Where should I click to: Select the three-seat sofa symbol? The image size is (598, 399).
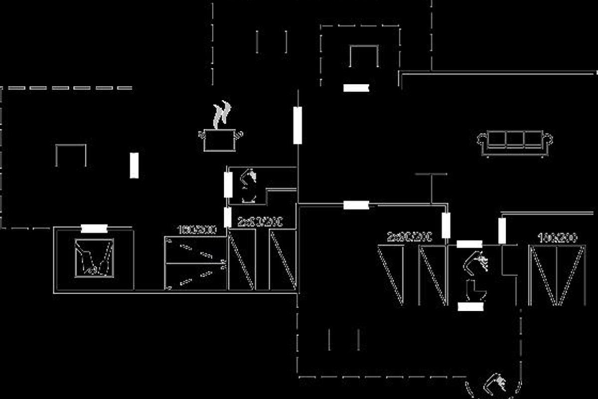[x=515, y=144]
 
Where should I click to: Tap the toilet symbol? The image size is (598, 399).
[x=471, y=291]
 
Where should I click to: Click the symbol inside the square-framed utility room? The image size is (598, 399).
[x=94, y=257]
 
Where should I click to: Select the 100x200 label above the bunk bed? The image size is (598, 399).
[x=197, y=230]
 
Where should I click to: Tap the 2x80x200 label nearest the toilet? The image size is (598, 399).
[x=409, y=237]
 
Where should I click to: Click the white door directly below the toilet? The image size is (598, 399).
[x=470, y=307]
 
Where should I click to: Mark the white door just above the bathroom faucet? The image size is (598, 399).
[x=469, y=244]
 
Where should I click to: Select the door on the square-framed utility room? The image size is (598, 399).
[x=94, y=228]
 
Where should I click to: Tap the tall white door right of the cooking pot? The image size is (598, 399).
[x=298, y=125]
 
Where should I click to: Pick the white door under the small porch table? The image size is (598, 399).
[x=356, y=88]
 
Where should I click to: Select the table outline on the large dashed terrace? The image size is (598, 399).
[x=70, y=155]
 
